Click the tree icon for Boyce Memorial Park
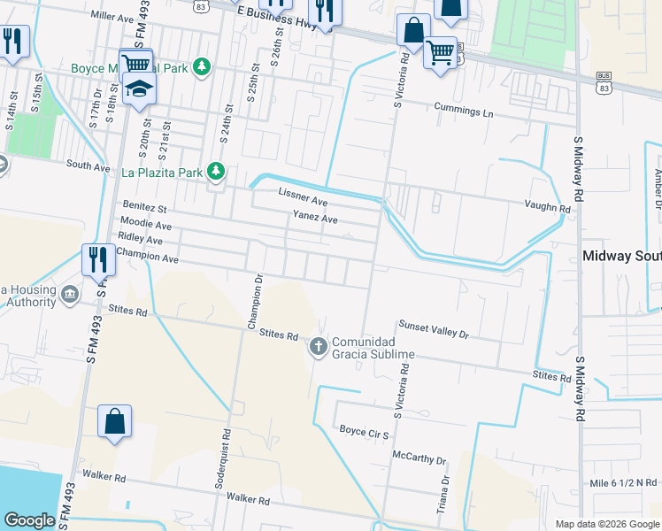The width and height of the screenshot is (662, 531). [x=203, y=66]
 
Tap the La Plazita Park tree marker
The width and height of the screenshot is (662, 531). [x=215, y=171]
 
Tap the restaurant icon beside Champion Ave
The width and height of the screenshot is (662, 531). [x=98, y=258]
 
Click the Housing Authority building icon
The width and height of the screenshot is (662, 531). [x=69, y=293]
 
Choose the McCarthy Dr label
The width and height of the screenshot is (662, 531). [x=420, y=458]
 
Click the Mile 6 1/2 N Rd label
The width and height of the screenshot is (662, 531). [x=622, y=482]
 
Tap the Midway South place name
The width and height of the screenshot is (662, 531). [x=621, y=257]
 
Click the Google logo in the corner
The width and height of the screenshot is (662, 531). [x=30, y=520]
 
